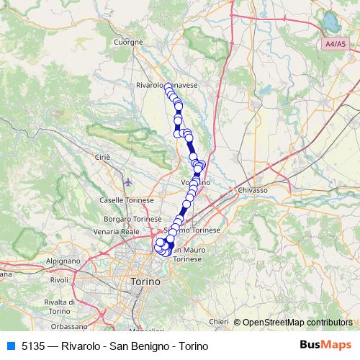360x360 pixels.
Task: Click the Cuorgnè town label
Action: click(x=129, y=42)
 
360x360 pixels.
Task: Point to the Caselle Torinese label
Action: click(x=125, y=199)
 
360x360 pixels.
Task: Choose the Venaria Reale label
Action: click(x=116, y=232)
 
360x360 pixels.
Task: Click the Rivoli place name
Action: click(x=59, y=279)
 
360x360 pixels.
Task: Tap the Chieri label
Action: click(x=218, y=322)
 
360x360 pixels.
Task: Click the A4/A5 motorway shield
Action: click(x=333, y=44)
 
